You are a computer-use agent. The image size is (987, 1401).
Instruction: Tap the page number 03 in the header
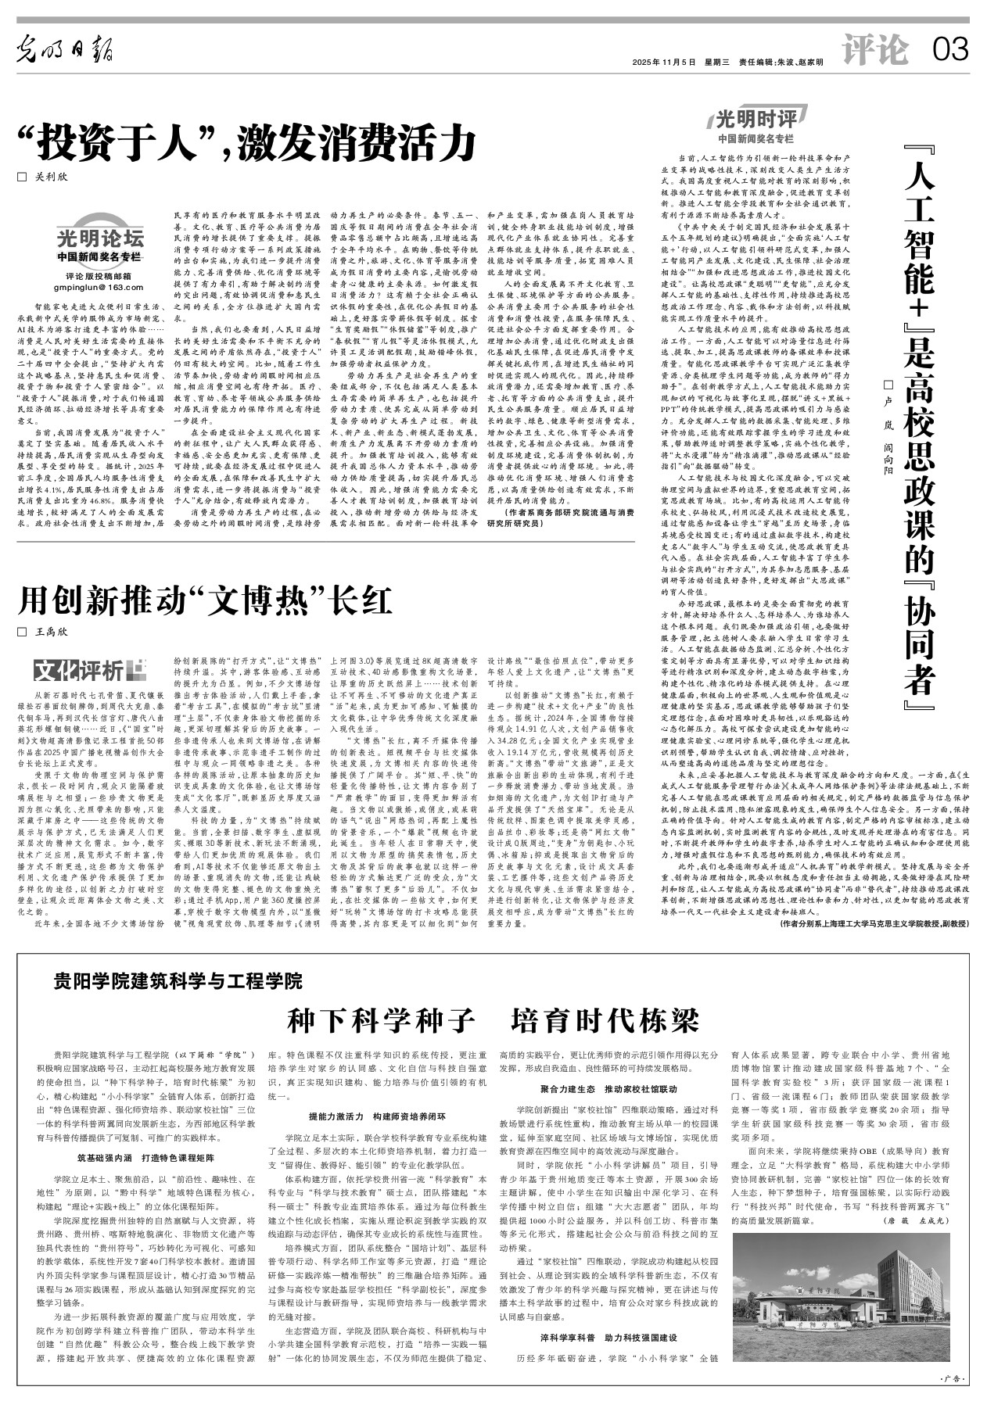(x=951, y=52)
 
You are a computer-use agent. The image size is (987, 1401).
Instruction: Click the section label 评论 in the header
(x=876, y=52)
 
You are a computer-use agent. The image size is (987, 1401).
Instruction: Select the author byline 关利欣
(x=46, y=177)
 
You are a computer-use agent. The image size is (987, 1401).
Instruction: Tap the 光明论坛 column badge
(x=99, y=238)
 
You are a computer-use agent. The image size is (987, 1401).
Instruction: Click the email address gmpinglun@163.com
(x=99, y=288)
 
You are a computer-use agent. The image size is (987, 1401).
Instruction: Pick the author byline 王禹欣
(x=46, y=632)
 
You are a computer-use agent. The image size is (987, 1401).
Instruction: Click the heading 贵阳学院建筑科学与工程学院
(x=178, y=980)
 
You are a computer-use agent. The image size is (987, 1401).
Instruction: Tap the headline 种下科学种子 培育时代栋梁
(x=493, y=1019)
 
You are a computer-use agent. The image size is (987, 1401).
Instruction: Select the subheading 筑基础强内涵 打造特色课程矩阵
(x=135, y=1157)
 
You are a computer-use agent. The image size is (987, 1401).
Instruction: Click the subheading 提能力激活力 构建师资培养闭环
(x=377, y=1118)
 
